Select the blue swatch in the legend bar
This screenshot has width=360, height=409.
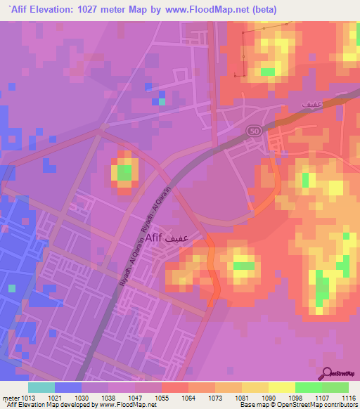coord(68,387)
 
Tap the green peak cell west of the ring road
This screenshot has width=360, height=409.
coord(124,172)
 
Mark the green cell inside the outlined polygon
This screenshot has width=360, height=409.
coord(267,72)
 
